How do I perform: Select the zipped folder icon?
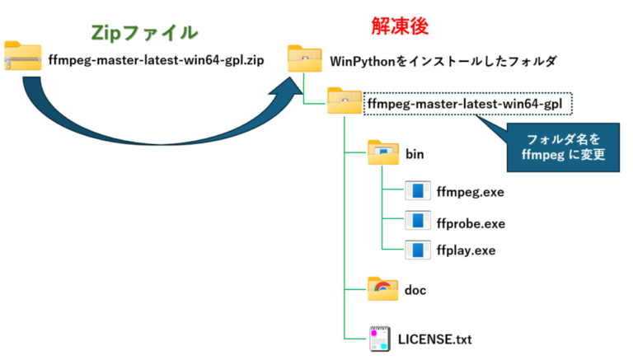click(x=22, y=57)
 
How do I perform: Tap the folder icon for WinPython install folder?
click(x=304, y=58)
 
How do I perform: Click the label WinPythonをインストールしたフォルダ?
click(x=443, y=61)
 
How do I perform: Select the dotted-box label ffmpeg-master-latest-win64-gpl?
click(x=468, y=104)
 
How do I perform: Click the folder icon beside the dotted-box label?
click(x=343, y=102)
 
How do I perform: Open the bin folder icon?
click(x=383, y=153)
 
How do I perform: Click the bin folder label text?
click(x=417, y=154)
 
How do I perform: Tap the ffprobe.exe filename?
click(x=471, y=223)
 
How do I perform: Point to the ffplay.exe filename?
click(x=465, y=250)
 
